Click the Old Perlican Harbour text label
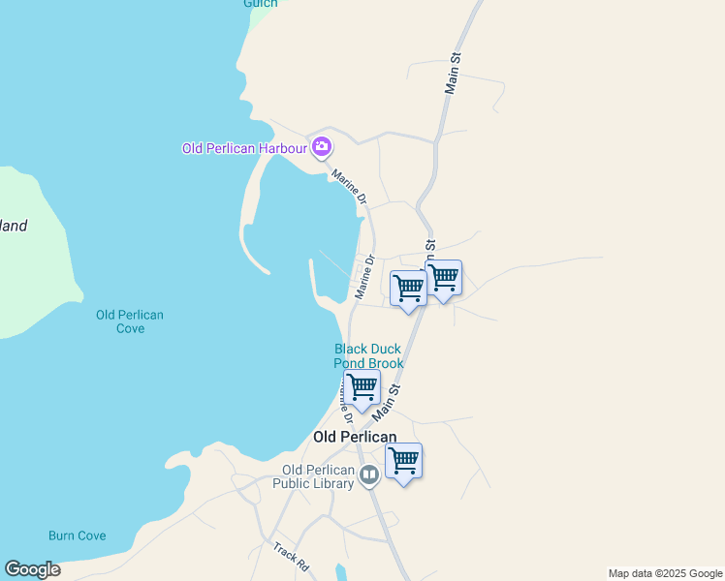point(244,148)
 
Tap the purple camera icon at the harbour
point(322,148)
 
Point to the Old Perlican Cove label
point(130,321)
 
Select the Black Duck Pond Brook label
point(368,356)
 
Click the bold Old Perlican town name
point(355,437)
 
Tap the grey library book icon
point(368,475)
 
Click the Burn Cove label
point(78,535)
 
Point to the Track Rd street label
point(291,555)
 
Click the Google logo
point(33,569)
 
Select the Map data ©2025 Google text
point(665,573)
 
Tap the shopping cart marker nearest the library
point(403,461)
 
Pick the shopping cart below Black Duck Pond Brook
point(362,387)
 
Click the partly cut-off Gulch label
point(260,4)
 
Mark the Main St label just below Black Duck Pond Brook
point(387,400)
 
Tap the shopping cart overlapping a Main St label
point(443,279)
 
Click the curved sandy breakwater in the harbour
point(249,218)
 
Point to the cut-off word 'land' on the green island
point(14,227)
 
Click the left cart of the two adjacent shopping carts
point(408,289)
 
